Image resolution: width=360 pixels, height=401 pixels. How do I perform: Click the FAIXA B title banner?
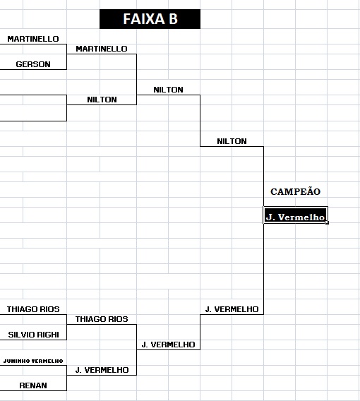coord(150,19)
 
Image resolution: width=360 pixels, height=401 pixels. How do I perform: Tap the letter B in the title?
coord(173,19)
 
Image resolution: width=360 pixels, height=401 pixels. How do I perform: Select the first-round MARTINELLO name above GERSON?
coord(33,39)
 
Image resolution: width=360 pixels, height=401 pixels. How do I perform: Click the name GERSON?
coord(33,64)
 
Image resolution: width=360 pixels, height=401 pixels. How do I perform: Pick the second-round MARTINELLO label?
coord(102,49)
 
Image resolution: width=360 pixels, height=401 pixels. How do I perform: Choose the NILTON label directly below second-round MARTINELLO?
coord(102,100)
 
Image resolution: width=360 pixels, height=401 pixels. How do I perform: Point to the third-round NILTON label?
coord(168,90)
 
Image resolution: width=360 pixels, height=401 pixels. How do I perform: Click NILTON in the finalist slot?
coord(232,141)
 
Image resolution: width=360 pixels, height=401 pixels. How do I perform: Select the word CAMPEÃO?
coord(295,191)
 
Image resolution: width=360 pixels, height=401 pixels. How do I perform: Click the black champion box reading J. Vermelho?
coord(295,215)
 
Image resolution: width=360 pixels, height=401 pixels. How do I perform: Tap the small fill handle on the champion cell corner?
coord(327,223)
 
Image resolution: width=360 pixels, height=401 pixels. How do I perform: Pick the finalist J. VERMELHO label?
coord(232,309)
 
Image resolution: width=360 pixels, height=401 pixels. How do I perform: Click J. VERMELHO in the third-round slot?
coord(168,345)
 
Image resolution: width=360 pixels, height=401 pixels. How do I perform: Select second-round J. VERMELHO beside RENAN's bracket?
coord(102,370)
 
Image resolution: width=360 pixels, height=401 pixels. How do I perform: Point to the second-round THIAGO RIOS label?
coord(102,319)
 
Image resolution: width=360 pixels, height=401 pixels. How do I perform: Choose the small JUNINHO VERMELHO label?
coord(33,361)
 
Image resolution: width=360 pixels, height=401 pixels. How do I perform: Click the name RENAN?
coord(33,385)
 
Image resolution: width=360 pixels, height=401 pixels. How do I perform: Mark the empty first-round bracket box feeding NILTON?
coord(66,108)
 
